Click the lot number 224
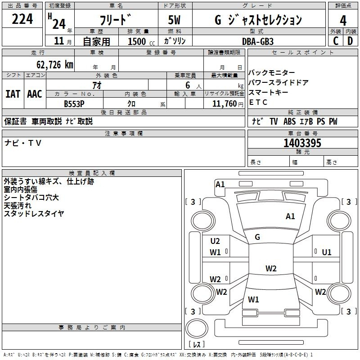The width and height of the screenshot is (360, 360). click(22, 19)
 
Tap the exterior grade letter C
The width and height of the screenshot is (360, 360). click(335, 41)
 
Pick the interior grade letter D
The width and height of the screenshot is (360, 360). click(350, 41)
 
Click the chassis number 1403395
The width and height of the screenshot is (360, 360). click(302, 143)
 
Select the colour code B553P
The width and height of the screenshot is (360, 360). click(75, 103)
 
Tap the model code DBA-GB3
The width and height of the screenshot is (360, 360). click(257, 41)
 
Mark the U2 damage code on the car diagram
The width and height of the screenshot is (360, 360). click(215, 241)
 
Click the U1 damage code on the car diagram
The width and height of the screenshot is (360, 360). click(327, 252)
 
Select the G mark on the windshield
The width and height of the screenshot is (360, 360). click(257, 237)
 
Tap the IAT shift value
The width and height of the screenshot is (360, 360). click(13, 94)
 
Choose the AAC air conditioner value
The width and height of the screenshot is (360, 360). click(35, 94)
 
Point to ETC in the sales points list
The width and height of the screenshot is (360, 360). click(258, 103)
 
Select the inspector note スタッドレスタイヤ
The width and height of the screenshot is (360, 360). click(34, 214)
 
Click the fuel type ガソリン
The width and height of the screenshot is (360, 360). click(175, 41)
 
